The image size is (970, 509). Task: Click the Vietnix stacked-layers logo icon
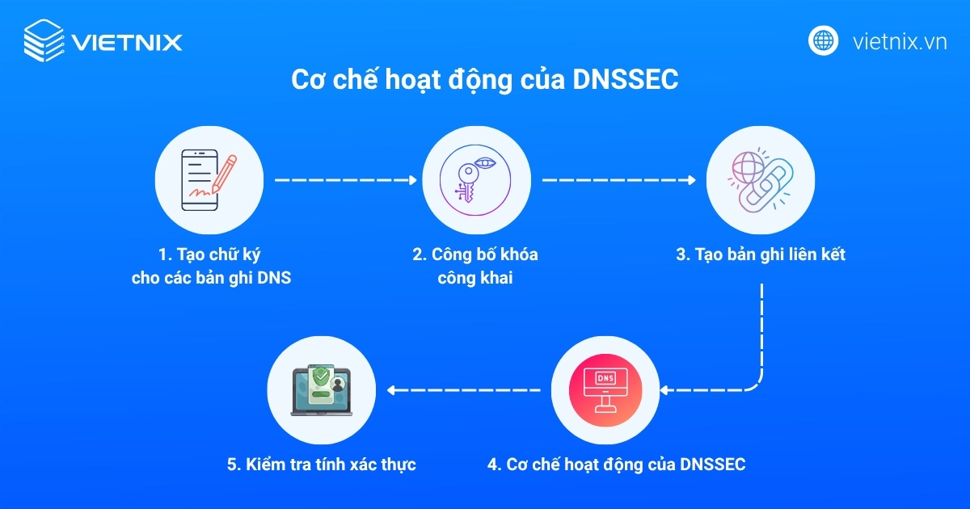point(44,40)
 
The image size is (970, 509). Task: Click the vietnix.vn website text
point(899,42)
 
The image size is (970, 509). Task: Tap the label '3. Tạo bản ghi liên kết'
point(761,254)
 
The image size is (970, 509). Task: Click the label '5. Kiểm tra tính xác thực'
point(321,465)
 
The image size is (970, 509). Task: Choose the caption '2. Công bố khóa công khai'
point(475,267)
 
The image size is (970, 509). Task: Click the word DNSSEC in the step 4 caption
point(712,465)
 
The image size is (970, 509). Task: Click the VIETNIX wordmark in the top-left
point(127,41)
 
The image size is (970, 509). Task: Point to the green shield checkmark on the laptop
point(322,376)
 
